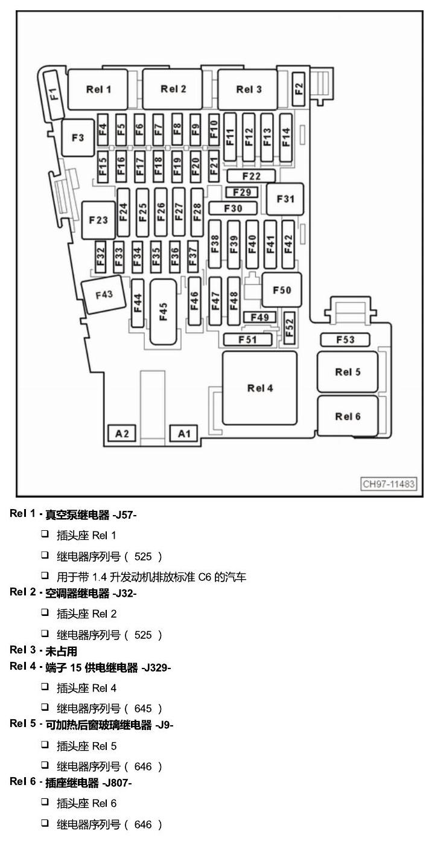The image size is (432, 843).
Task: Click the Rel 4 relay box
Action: point(259,388)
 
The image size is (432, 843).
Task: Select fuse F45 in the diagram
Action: point(163,312)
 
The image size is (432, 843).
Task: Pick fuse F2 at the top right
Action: point(299,89)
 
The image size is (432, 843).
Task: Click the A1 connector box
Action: point(183,434)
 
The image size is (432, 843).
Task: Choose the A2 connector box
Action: point(122,434)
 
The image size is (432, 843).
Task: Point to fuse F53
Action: point(345,340)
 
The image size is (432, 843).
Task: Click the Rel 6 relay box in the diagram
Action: point(348,416)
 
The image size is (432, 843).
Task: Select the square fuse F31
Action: point(285,199)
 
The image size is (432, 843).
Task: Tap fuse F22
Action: point(251,176)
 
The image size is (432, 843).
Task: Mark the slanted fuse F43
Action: point(104,294)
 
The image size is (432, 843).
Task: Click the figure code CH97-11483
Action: point(389,484)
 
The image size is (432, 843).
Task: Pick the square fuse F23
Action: point(98,220)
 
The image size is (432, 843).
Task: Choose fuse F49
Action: point(259,317)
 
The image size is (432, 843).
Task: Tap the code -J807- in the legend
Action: point(117,783)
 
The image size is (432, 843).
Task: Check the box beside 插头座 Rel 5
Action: point(45,744)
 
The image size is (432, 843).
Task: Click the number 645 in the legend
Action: point(143,709)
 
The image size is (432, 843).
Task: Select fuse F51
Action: point(247,340)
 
